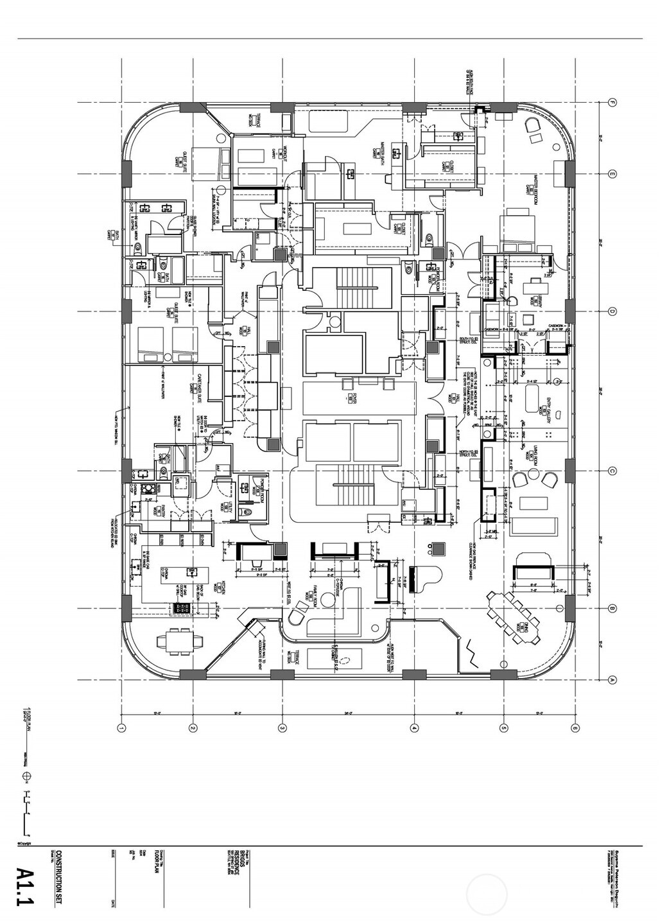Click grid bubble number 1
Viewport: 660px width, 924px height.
(121, 728)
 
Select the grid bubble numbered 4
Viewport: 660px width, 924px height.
(414, 728)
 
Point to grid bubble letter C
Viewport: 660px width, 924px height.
(612, 471)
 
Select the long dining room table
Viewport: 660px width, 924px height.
(514, 617)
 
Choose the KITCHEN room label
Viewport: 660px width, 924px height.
(225, 588)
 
